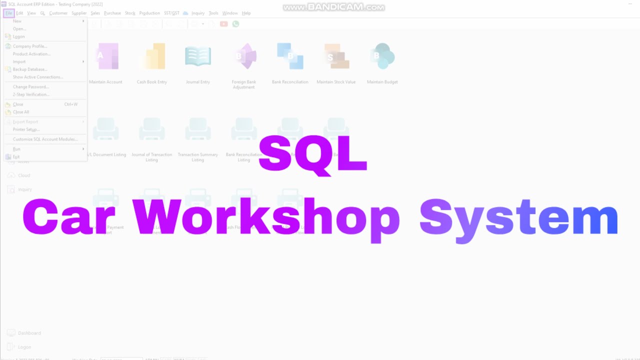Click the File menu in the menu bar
[x=8, y=13]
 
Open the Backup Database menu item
[x=29, y=69]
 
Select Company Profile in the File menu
[x=29, y=46]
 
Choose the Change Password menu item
[x=30, y=87]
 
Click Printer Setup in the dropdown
[x=26, y=129]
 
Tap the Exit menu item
[x=16, y=157]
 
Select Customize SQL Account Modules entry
[x=45, y=139]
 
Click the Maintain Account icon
[x=106, y=56]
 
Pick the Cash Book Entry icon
[x=152, y=56]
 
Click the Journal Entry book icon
[x=198, y=56]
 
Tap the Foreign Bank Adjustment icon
[x=244, y=56]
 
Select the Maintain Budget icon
[x=382, y=56]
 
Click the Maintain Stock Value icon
[x=336, y=56]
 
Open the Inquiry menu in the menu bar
[x=198, y=13]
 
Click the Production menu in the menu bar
[x=149, y=13]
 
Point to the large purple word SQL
[x=313, y=154]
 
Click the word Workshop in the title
[x=266, y=218]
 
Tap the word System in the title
[x=518, y=218]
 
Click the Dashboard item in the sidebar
[x=29, y=333]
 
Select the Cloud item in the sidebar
[x=23, y=175]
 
